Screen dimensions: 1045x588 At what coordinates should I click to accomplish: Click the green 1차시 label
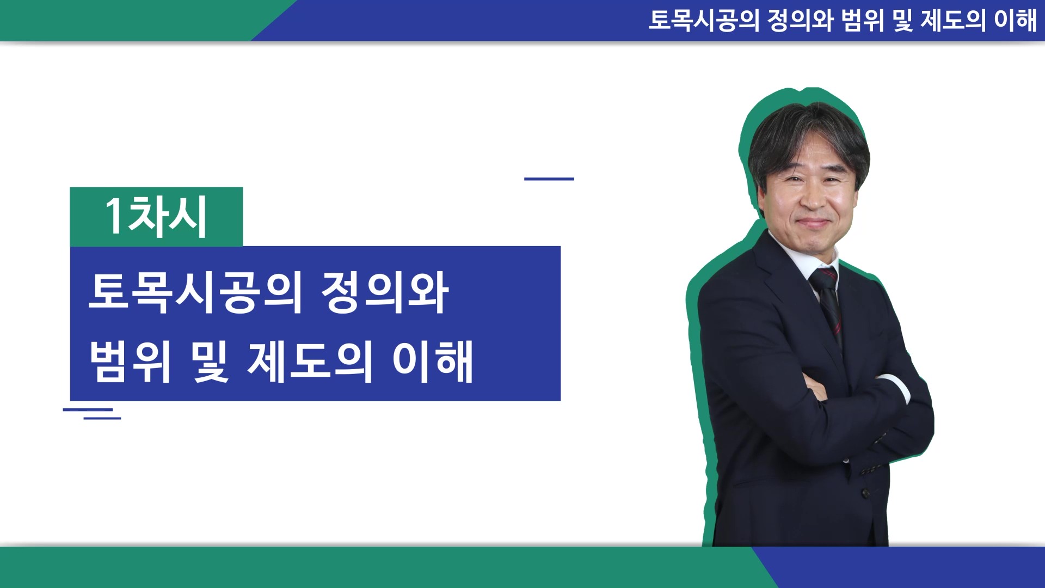156,217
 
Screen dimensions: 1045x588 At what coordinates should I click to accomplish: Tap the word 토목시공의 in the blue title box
195,292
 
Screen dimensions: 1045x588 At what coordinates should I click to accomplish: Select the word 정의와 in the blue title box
385,292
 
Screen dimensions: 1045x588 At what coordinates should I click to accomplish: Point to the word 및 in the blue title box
210,361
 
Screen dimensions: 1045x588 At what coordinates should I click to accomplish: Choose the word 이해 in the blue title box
433,361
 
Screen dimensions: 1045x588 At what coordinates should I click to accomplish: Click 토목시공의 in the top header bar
704,20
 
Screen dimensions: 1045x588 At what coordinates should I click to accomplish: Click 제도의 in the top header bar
953,20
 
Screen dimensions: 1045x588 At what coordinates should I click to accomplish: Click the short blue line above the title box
549,179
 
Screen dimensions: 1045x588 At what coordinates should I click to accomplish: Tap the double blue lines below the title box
92,414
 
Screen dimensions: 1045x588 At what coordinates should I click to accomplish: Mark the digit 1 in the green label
114,216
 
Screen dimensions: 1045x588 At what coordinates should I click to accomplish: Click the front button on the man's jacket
865,493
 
